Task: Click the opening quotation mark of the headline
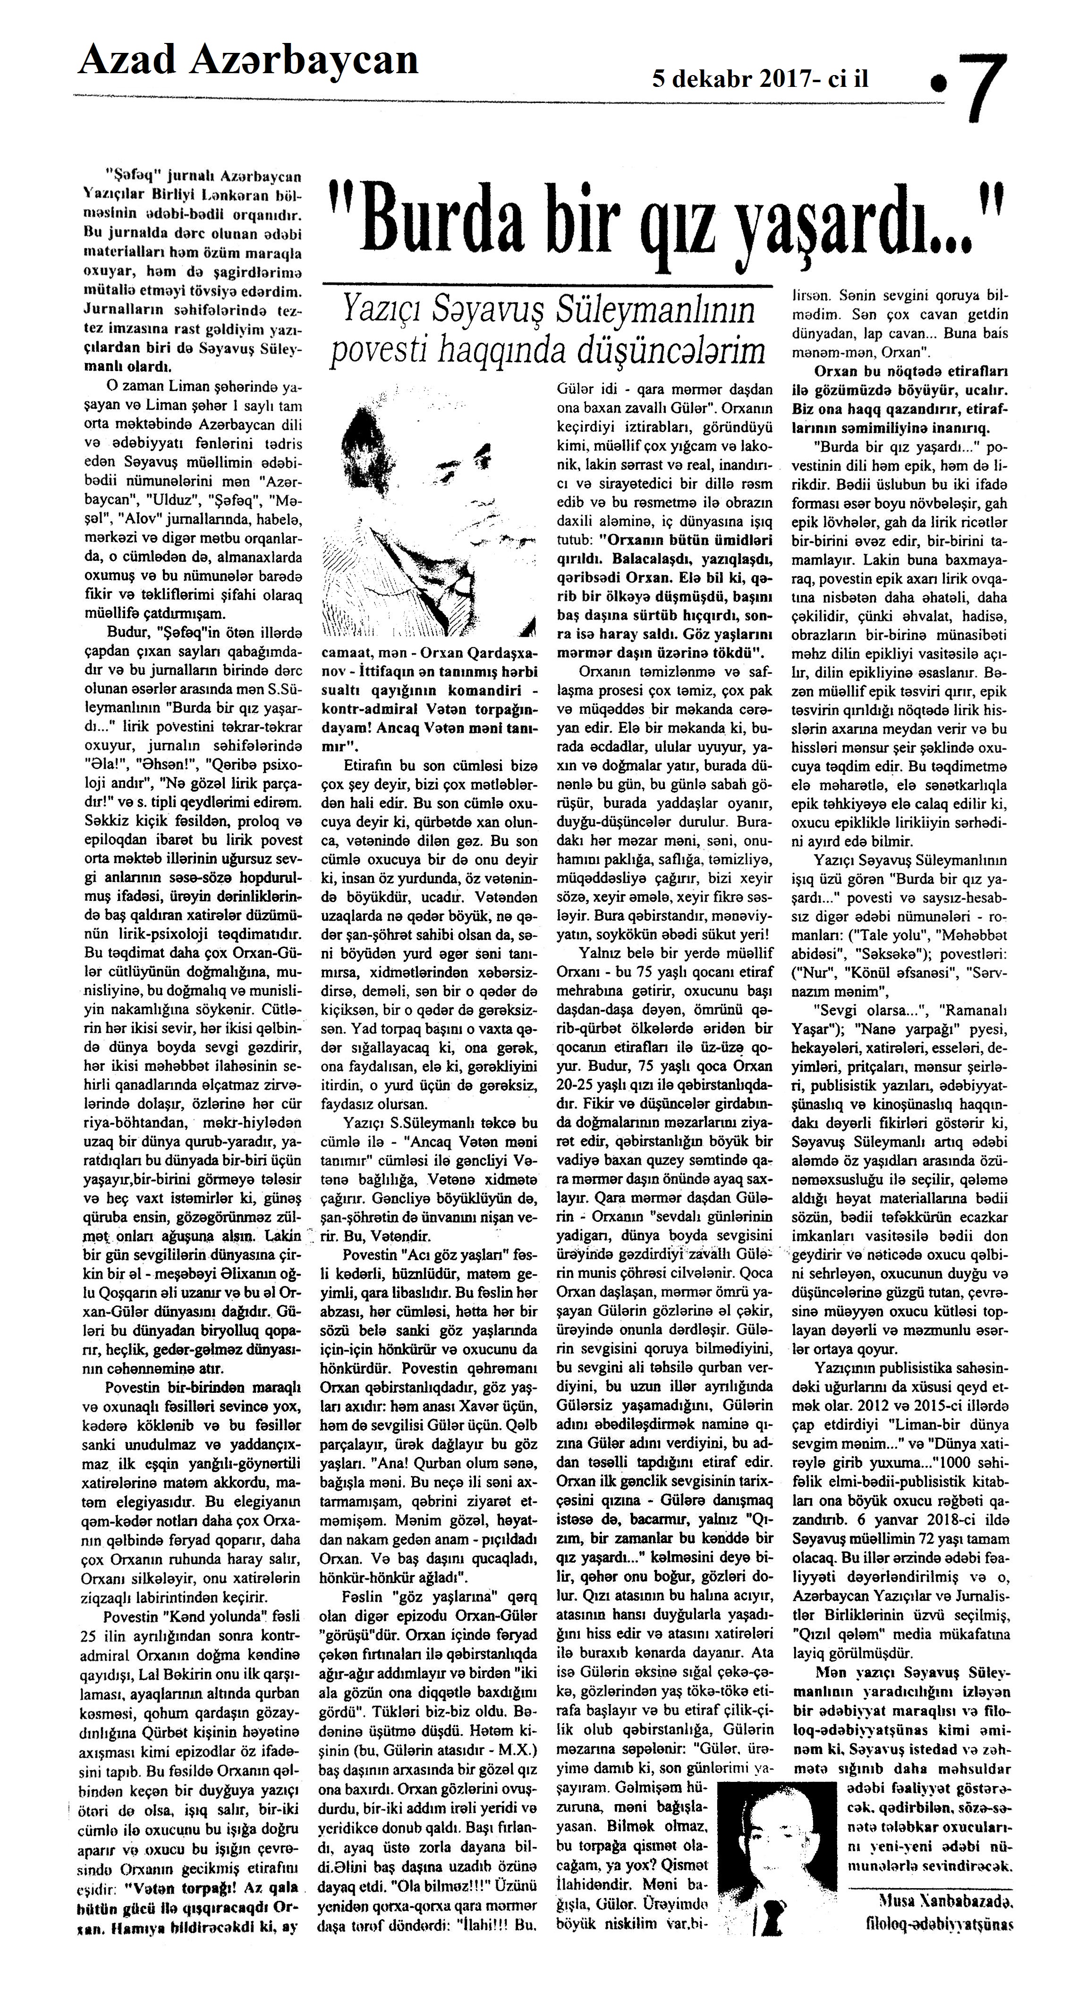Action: tap(339, 208)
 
